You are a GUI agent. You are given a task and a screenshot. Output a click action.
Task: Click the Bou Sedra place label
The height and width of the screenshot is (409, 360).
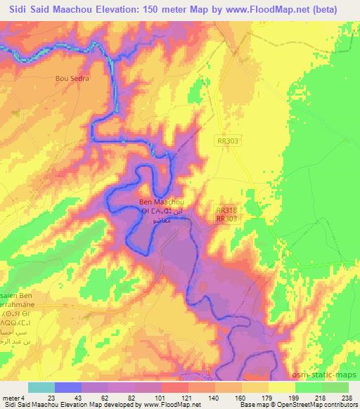point(72,78)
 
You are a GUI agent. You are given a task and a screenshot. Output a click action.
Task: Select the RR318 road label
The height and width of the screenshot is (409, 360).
point(226,209)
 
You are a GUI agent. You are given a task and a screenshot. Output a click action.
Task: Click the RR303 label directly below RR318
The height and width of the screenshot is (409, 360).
point(226,219)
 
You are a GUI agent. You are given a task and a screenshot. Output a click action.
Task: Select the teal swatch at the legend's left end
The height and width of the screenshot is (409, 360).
point(41,387)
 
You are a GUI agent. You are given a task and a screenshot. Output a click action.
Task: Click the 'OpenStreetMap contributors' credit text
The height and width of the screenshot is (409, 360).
point(324,405)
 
